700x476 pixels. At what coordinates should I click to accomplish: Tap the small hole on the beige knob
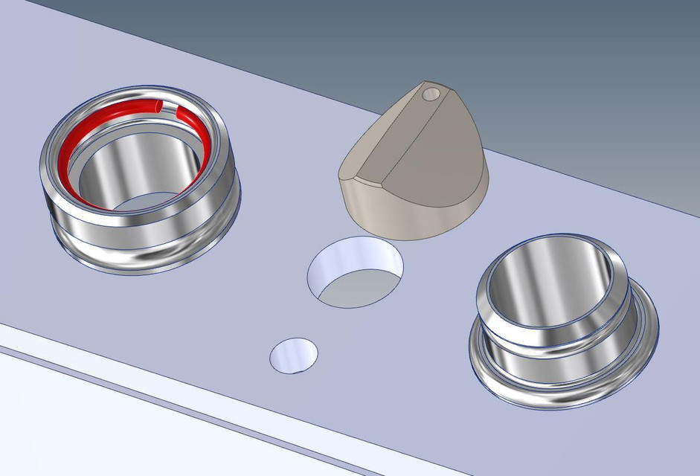pyautogui.click(x=429, y=94)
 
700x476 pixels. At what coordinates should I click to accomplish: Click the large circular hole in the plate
pyautogui.click(x=356, y=271)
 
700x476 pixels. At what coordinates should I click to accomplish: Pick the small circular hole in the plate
pyautogui.click(x=293, y=355)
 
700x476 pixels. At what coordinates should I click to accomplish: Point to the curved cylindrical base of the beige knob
pyautogui.click(x=417, y=216)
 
